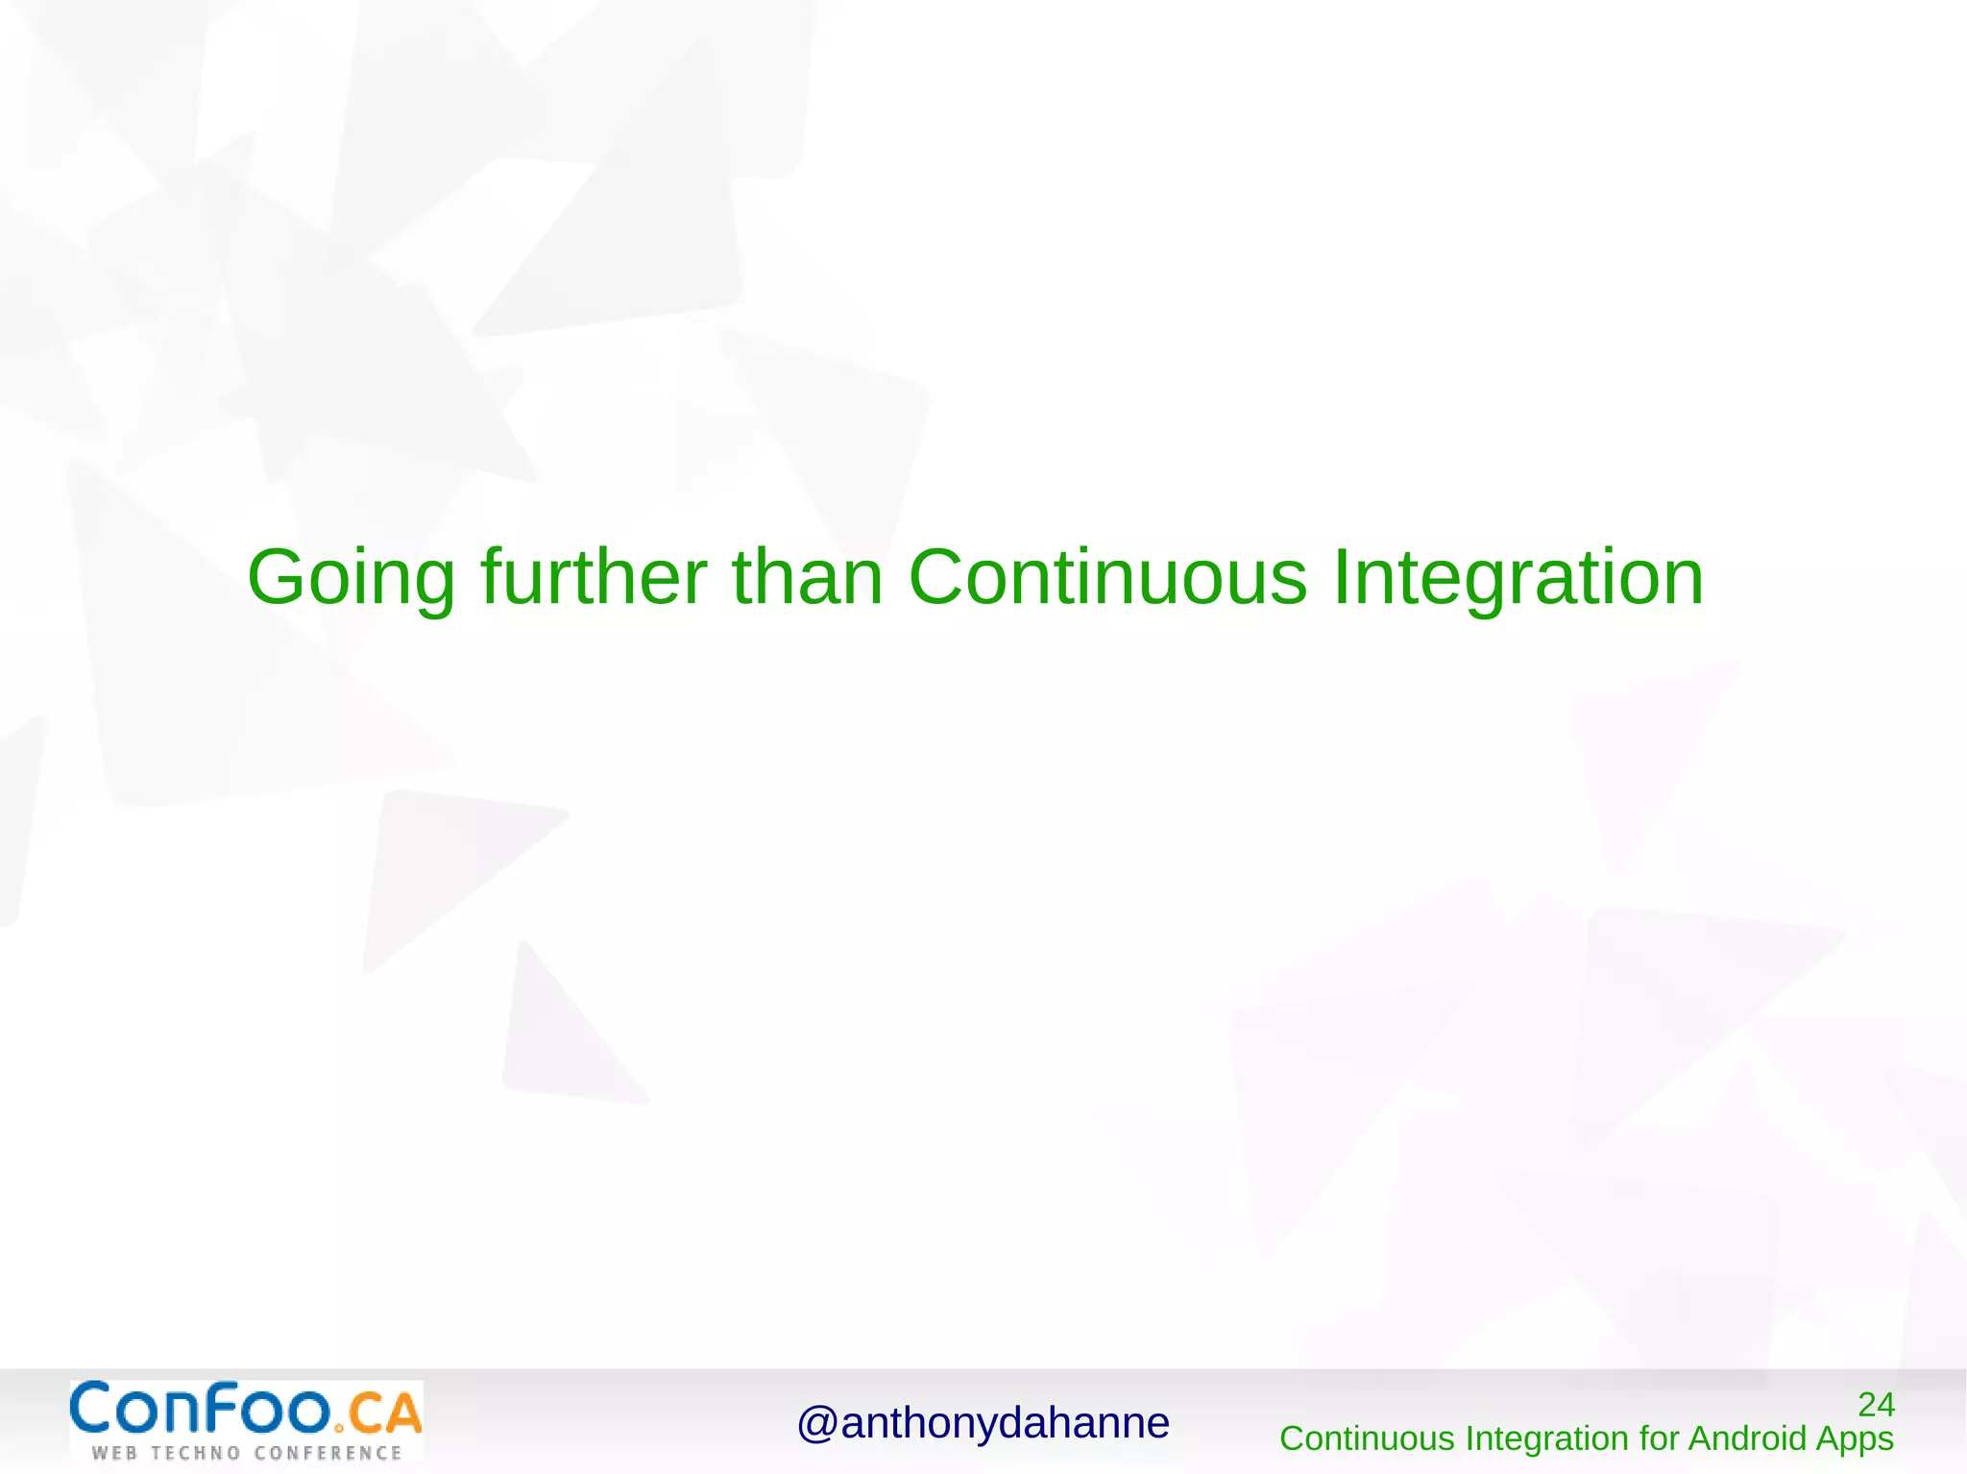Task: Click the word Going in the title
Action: tap(351, 579)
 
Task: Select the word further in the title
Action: tap(594, 577)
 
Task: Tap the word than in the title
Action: tap(807, 577)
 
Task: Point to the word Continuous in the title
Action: tap(1107, 577)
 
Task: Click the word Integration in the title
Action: tap(1518, 579)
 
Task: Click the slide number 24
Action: tap(1876, 1405)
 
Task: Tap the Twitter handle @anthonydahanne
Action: tap(983, 1423)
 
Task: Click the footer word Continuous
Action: tap(1367, 1438)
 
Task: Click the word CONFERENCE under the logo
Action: tap(328, 1453)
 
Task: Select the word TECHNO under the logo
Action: tap(195, 1453)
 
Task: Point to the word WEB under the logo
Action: tap(114, 1453)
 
